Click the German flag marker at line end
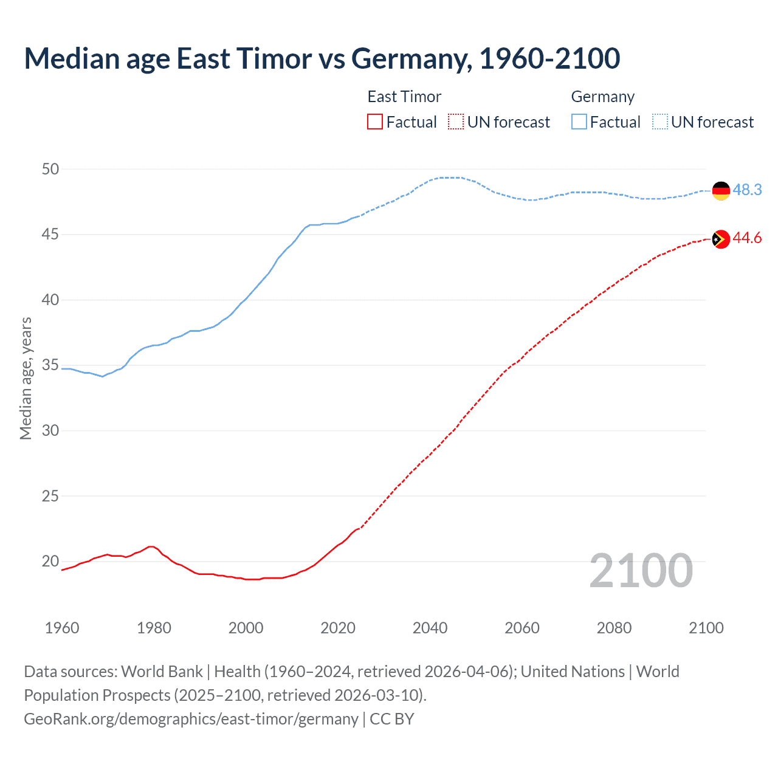pyautogui.click(x=721, y=191)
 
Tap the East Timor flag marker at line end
pyautogui.click(x=721, y=239)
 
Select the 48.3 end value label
pyautogui.click(x=747, y=190)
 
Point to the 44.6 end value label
pyautogui.click(x=747, y=238)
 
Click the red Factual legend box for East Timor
pyautogui.click(x=375, y=122)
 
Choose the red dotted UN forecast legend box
pyautogui.click(x=456, y=122)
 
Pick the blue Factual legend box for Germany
pyautogui.click(x=579, y=122)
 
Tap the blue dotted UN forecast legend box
pyautogui.click(x=660, y=122)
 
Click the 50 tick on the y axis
pyautogui.click(x=50, y=170)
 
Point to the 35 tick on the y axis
pyautogui.click(x=50, y=365)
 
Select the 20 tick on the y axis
pyautogui.click(x=50, y=561)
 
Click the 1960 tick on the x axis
pyautogui.click(x=62, y=628)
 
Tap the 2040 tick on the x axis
pyautogui.click(x=430, y=628)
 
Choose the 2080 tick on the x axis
pyautogui.click(x=614, y=628)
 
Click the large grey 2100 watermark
pyautogui.click(x=641, y=571)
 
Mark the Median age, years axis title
pyautogui.click(x=26, y=378)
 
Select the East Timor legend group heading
pyautogui.click(x=404, y=97)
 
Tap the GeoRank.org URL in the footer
pyautogui.click(x=191, y=719)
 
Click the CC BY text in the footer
pyautogui.click(x=392, y=719)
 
